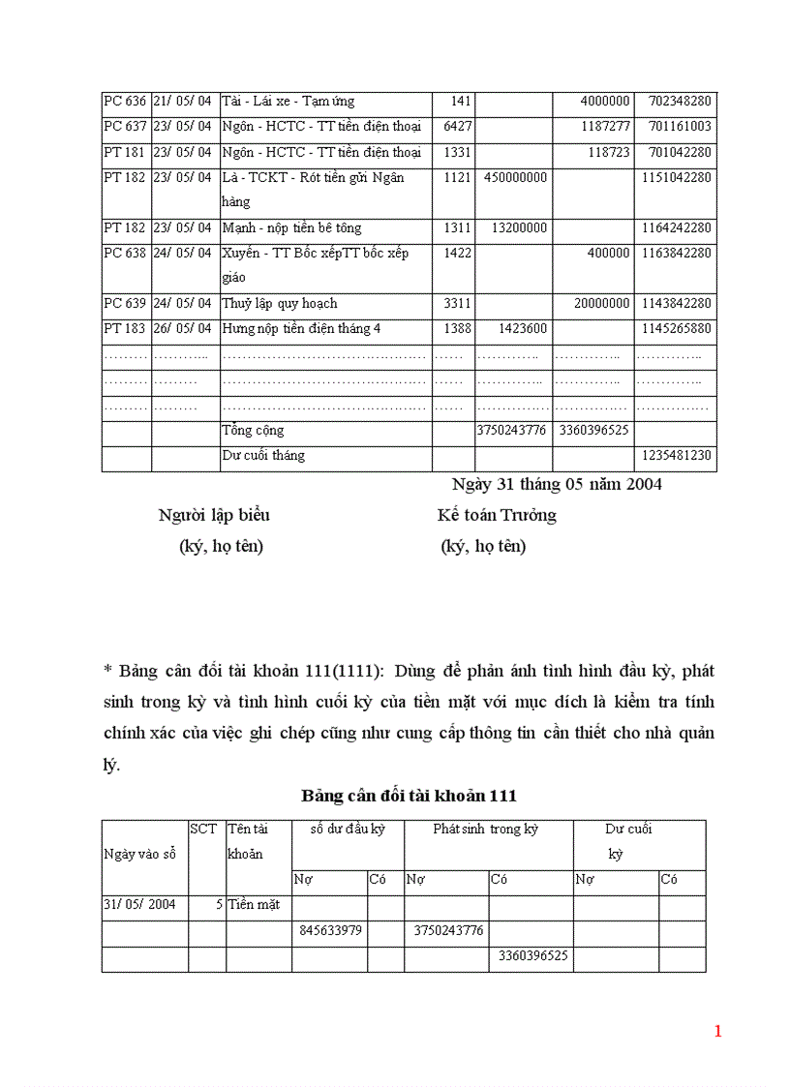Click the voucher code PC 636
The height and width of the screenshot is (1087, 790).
(125, 102)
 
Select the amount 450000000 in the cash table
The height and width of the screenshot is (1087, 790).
(511, 178)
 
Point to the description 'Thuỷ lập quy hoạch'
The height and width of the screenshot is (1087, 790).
(280, 304)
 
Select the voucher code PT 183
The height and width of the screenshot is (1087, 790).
(125, 329)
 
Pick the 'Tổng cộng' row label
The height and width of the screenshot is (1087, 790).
(253, 431)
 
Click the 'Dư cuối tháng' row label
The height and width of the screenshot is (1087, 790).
(263, 456)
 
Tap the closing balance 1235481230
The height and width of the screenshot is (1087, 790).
(676, 456)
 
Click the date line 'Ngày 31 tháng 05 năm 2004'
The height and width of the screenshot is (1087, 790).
(557, 485)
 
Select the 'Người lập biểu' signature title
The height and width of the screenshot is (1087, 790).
(221, 516)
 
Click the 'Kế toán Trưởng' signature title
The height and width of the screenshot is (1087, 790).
(497, 516)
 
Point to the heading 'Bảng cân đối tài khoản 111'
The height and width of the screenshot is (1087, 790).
(409, 797)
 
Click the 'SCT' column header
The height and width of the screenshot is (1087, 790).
(203, 830)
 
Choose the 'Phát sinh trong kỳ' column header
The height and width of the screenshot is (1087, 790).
(485, 830)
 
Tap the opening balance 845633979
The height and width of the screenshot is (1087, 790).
(328, 931)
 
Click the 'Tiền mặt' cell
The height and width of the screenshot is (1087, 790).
(254, 905)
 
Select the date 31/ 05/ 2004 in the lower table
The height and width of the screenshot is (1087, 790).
(139, 905)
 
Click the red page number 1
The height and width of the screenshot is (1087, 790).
(717, 1032)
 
